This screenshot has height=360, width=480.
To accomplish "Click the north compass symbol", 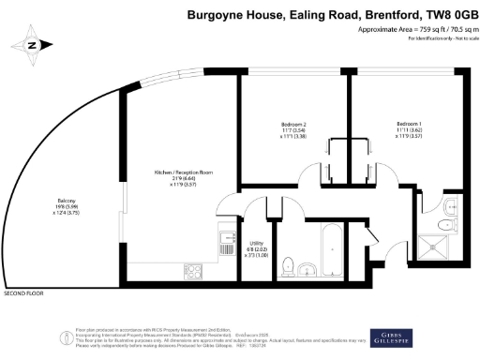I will [x=32, y=44].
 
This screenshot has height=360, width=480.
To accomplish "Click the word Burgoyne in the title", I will [x=217, y=14].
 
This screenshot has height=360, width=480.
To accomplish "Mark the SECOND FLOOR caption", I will [x=23, y=293].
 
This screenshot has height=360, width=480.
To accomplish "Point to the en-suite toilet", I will [x=450, y=223].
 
